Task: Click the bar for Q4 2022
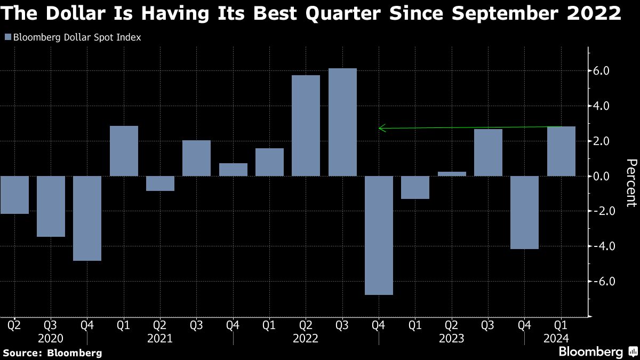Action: [379, 235]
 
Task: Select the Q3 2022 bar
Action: [342, 122]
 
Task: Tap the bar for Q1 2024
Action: [561, 151]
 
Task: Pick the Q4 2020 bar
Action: [87, 218]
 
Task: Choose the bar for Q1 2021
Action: [124, 151]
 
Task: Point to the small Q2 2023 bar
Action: [452, 174]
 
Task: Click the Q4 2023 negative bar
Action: [525, 212]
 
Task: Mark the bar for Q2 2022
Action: [306, 125]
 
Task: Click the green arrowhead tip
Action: [379, 128]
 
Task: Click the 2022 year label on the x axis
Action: [306, 338]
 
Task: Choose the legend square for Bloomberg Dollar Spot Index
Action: [7, 37]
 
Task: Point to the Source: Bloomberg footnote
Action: [52, 353]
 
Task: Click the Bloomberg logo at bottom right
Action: [597, 351]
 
